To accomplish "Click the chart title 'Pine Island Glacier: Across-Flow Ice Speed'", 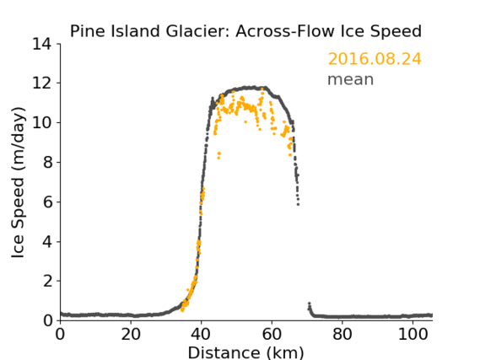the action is point(245,31).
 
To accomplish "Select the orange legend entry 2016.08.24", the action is point(375,59).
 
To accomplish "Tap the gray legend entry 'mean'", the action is point(351,79).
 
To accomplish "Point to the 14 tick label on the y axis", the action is point(42,45).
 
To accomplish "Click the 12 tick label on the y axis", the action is point(42,83).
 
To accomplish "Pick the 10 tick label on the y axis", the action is point(42,122).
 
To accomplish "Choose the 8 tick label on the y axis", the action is point(47,162).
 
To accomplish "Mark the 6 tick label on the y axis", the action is point(47,201).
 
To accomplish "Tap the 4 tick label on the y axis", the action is point(47,242).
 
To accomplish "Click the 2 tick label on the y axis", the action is point(47,281).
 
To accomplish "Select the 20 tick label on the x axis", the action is point(131,334).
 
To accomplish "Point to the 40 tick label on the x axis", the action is point(201,334).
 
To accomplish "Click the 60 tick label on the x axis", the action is point(272,334).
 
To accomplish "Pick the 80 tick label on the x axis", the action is point(342,334).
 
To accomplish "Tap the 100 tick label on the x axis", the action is point(413,334).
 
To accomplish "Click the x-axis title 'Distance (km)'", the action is point(245,352).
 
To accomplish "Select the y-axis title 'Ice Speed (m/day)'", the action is point(18,182).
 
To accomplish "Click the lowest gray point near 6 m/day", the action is point(298,204).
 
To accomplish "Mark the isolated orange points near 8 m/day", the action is point(218,155).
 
